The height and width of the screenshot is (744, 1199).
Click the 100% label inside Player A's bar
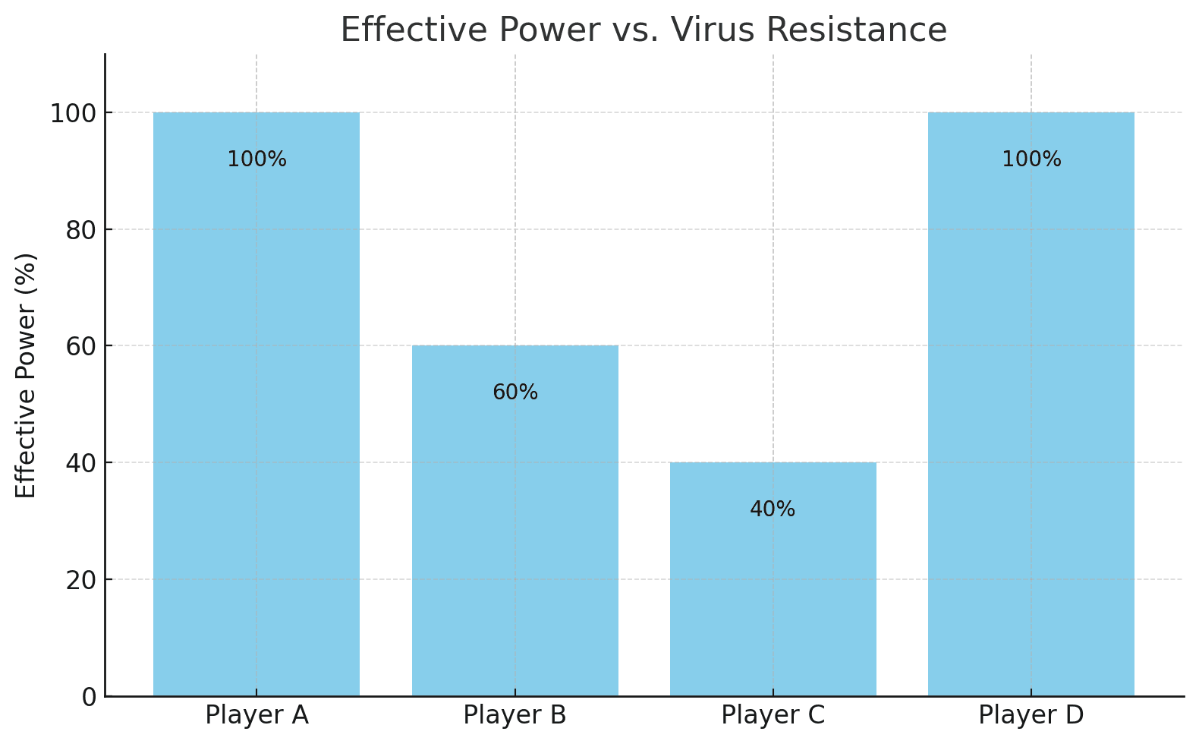256,159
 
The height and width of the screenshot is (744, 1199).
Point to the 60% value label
515,392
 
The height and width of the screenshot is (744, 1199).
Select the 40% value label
773,509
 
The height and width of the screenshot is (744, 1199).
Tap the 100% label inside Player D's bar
1031,159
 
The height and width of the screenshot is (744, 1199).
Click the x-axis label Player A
256,715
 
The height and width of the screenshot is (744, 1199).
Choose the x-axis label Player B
515,715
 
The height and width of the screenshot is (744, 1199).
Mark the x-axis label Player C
773,715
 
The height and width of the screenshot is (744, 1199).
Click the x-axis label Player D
1031,715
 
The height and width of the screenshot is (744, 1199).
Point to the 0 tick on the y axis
90,697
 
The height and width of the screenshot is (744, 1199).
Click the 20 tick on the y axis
81,580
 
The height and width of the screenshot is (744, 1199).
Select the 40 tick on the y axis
81,463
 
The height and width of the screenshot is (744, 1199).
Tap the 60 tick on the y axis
81,346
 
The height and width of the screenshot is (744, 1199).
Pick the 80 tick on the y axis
81,230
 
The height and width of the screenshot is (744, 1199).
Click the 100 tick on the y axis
73,113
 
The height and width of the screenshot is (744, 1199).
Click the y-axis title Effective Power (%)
26,375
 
